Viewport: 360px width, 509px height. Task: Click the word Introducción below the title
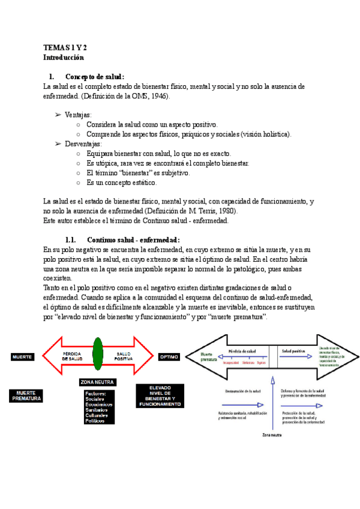point(64,58)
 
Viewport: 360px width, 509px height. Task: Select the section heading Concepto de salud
point(94,77)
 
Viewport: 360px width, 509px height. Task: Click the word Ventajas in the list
point(78,115)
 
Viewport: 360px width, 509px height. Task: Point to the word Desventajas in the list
point(83,144)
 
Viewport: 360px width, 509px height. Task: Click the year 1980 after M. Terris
point(224,211)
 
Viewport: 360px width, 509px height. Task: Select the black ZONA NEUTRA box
point(97,382)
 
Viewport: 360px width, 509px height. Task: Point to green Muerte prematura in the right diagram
point(210,357)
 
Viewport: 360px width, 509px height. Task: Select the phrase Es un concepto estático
point(121,182)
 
